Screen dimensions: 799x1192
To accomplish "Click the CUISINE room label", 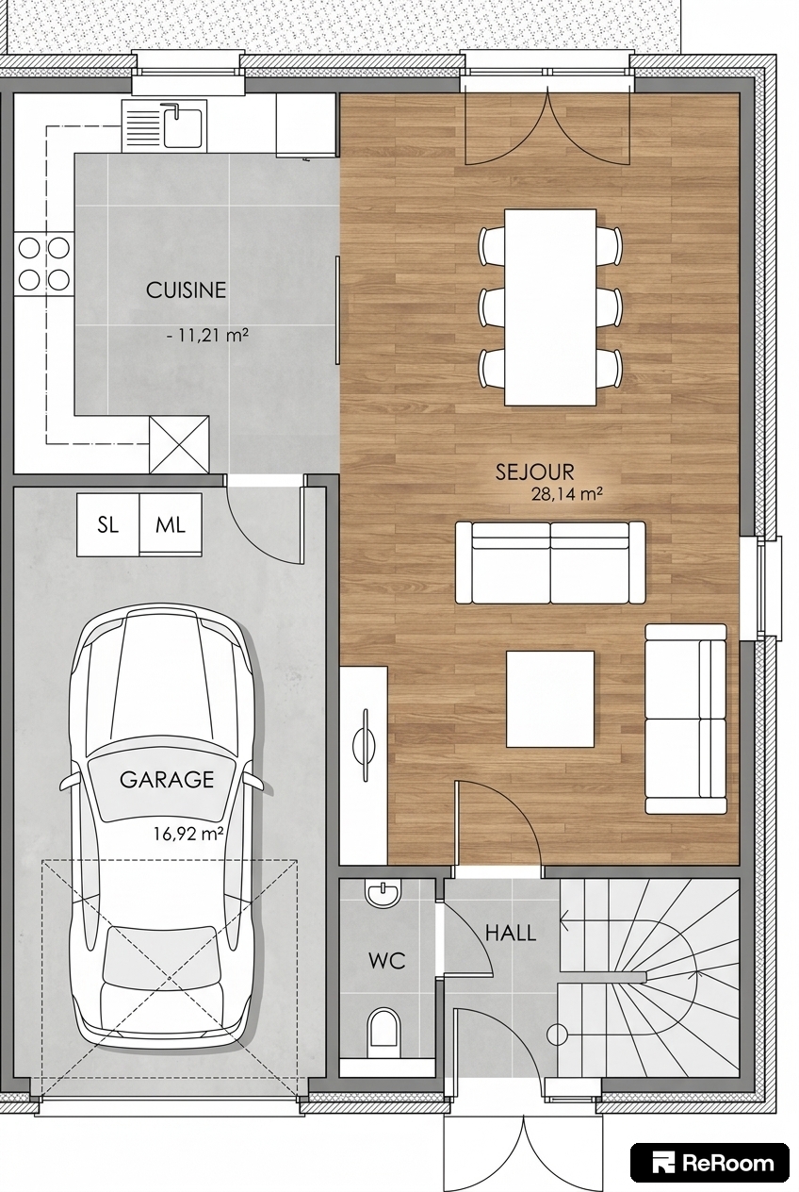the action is [x=186, y=290].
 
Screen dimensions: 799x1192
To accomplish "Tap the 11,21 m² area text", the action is [x=213, y=336].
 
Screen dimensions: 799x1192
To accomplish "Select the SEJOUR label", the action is [x=535, y=472].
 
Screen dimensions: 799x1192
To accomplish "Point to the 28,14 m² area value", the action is [x=566, y=494].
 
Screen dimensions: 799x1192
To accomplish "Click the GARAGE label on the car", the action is [x=167, y=780].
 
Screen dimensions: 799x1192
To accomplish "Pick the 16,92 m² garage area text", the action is [x=188, y=834].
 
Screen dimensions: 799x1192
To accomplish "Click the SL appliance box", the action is [x=108, y=525].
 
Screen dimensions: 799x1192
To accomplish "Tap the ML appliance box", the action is [x=171, y=525].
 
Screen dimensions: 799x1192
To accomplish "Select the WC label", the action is [x=387, y=961].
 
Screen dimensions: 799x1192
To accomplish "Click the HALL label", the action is [x=511, y=933].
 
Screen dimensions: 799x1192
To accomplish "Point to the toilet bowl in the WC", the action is [x=383, y=1026].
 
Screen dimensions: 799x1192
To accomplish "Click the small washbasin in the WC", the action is [x=383, y=893].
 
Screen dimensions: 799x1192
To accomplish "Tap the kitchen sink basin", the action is [x=183, y=127].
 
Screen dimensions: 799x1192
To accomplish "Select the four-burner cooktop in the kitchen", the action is [x=43, y=264].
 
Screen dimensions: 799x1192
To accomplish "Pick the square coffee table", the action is [x=549, y=699].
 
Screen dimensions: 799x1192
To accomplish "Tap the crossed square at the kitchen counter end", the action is [x=179, y=445].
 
